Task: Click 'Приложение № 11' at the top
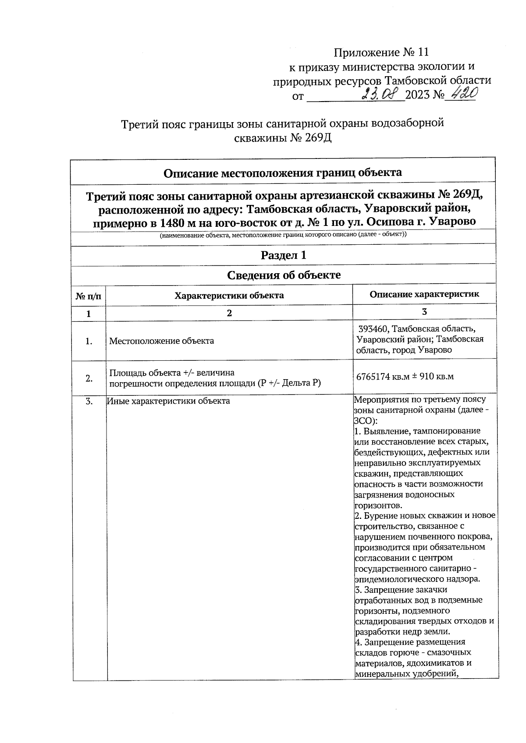coord(381,53)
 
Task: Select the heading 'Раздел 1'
coord(283,255)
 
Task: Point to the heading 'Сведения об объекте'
coord(284,275)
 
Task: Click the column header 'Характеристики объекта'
coord(229,295)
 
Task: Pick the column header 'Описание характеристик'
coord(424,294)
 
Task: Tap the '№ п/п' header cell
coord(89,296)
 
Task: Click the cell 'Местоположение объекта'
coord(161,341)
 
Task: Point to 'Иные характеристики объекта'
coord(169,401)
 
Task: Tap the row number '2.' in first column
coord(89,378)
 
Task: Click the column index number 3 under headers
coord(424,312)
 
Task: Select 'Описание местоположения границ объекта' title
coord(283,173)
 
